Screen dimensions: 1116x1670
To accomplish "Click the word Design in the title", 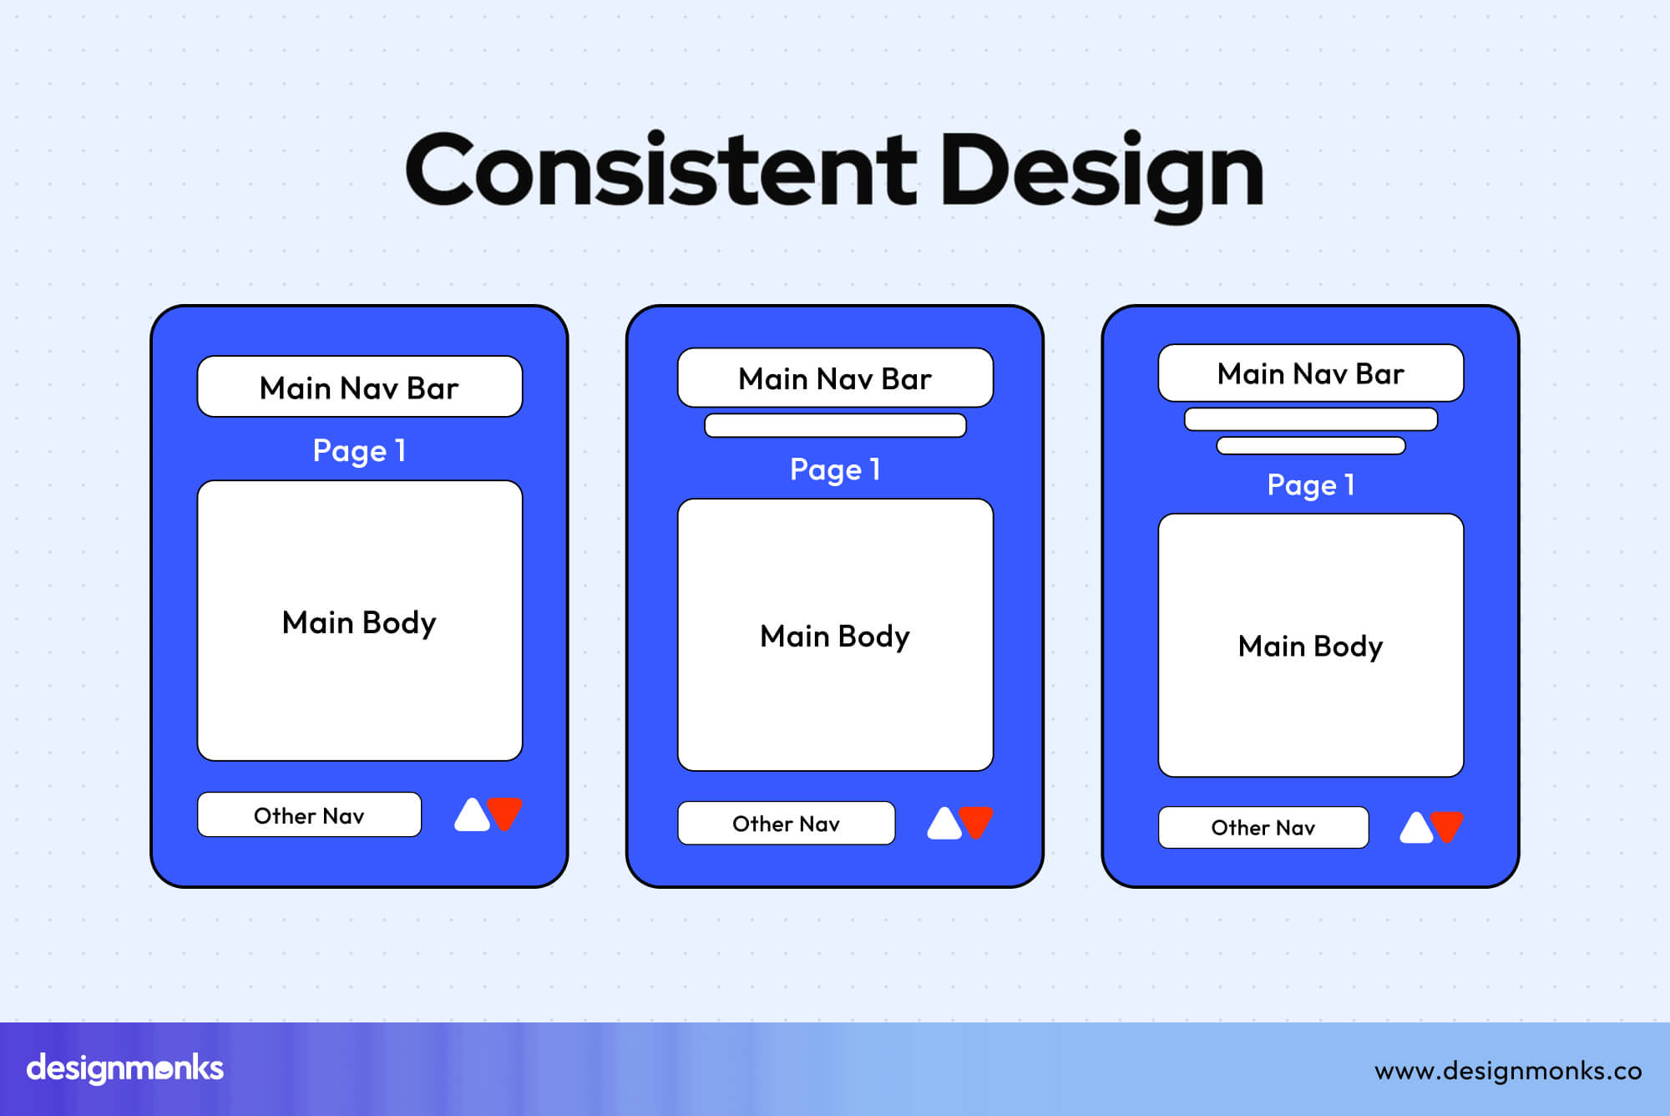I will (x=1102, y=171).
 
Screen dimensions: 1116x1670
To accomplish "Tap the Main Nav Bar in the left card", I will (x=360, y=388).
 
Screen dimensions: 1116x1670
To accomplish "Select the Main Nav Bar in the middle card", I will (x=835, y=378).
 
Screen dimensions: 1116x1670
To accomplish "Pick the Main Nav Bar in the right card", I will (x=1311, y=373).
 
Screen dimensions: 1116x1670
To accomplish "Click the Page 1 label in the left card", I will (x=360, y=451).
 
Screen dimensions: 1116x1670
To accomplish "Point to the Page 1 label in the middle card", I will (x=835, y=469).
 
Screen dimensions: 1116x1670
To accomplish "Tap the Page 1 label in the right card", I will (x=1311, y=485).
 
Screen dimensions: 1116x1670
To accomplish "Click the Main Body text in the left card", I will (x=360, y=623).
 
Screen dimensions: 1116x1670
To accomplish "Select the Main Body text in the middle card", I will (x=835, y=637).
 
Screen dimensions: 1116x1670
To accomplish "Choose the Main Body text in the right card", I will (x=1311, y=647).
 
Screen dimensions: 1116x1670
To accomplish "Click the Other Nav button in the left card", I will (x=309, y=815).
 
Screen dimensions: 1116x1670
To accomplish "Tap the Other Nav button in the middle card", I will (x=786, y=824).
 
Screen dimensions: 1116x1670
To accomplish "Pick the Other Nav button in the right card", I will (x=1263, y=828).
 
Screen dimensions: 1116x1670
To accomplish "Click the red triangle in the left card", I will (x=505, y=812).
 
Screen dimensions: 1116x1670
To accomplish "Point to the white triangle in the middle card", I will (x=944, y=825).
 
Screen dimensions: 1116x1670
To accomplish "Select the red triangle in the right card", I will (x=1448, y=825).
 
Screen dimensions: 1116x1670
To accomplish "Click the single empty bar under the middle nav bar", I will (x=835, y=425).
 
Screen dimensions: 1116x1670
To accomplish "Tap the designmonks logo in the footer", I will (x=125, y=1068).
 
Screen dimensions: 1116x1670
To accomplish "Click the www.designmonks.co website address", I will (x=1508, y=1071).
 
